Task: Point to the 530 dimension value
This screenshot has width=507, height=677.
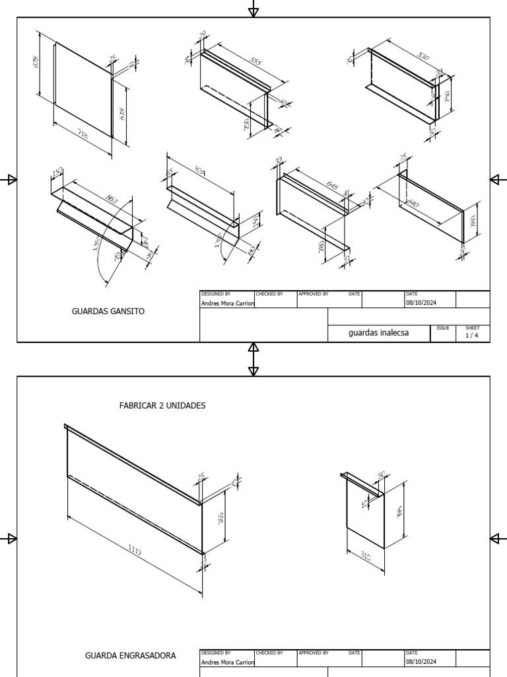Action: (x=423, y=58)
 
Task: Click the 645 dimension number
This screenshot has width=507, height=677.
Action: (x=333, y=186)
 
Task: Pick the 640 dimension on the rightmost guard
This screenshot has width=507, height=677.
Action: (x=413, y=204)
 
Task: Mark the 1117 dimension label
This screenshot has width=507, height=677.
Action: (x=134, y=551)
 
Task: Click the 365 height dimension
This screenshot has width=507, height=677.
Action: (x=221, y=519)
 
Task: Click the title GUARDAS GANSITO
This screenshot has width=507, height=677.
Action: (x=108, y=311)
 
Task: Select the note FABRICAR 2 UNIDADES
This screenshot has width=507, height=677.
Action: (x=162, y=405)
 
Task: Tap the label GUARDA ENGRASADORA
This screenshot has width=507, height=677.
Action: (x=130, y=656)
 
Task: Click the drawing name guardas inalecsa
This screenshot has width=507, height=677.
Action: (x=378, y=333)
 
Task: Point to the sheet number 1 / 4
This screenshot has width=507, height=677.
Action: (x=473, y=335)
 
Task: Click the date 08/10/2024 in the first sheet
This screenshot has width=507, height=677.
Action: (x=421, y=303)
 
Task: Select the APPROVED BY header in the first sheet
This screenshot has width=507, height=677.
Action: (x=314, y=294)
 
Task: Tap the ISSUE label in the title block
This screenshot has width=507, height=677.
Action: (x=442, y=328)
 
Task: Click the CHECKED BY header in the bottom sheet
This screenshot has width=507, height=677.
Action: (x=269, y=653)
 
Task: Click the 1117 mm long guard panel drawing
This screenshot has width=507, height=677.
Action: (x=132, y=489)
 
